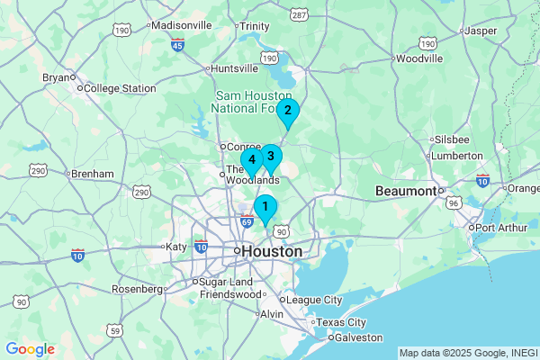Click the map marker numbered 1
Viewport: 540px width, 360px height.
(x=265, y=208)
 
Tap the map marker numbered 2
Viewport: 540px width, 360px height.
(x=287, y=112)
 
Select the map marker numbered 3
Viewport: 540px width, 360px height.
(x=270, y=156)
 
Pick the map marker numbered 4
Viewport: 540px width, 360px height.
(x=252, y=161)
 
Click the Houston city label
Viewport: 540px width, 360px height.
(x=272, y=252)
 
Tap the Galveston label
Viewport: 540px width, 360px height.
(x=358, y=337)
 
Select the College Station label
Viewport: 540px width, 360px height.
(x=120, y=88)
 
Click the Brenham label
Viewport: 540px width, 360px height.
(x=93, y=174)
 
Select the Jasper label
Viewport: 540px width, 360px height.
(x=482, y=31)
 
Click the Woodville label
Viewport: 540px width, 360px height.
(x=419, y=58)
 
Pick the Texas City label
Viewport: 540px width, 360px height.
(x=343, y=322)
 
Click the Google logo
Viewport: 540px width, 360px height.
(x=30, y=349)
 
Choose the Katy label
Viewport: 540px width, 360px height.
(x=174, y=247)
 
